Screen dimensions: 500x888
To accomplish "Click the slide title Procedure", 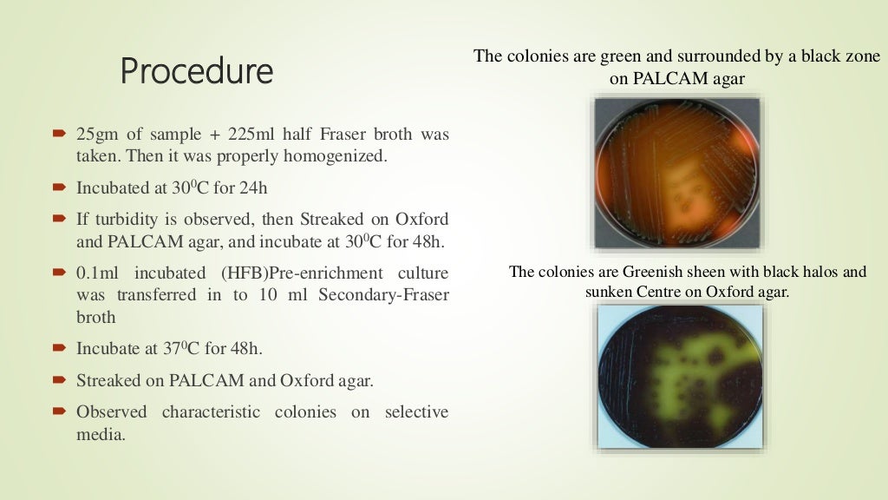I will (x=196, y=70).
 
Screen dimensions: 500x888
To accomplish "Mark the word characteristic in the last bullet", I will (x=211, y=411).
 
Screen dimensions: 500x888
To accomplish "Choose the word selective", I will (x=415, y=411).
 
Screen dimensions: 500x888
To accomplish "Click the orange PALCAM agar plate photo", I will (x=676, y=173).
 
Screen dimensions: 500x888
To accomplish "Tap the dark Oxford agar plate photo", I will (x=680, y=375).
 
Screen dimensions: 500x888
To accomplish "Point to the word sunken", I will (x=608, y=292).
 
